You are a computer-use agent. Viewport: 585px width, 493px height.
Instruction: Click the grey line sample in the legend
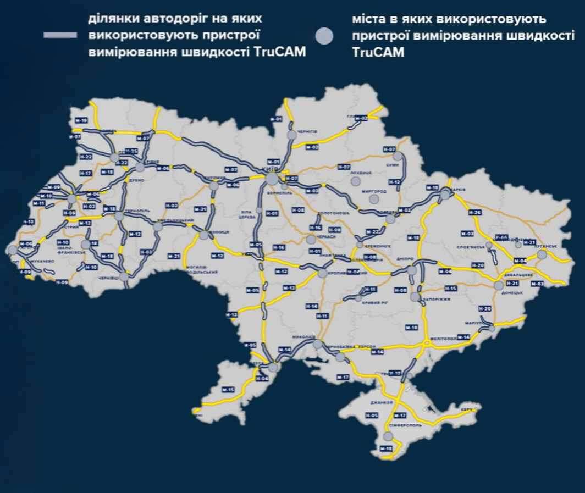(x=60, y=35)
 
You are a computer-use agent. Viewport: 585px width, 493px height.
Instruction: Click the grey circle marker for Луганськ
(x=542, y=254)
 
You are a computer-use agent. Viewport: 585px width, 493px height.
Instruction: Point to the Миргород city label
(x=376, y=191)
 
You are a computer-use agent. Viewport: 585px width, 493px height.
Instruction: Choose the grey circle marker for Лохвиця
(x=355, y=181)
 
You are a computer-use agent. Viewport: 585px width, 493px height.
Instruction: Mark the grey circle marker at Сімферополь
(x=389, y=437)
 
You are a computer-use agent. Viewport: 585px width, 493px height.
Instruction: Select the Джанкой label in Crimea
(x=379, y=403)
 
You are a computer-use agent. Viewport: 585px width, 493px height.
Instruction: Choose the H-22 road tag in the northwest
(x=85, y=157)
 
